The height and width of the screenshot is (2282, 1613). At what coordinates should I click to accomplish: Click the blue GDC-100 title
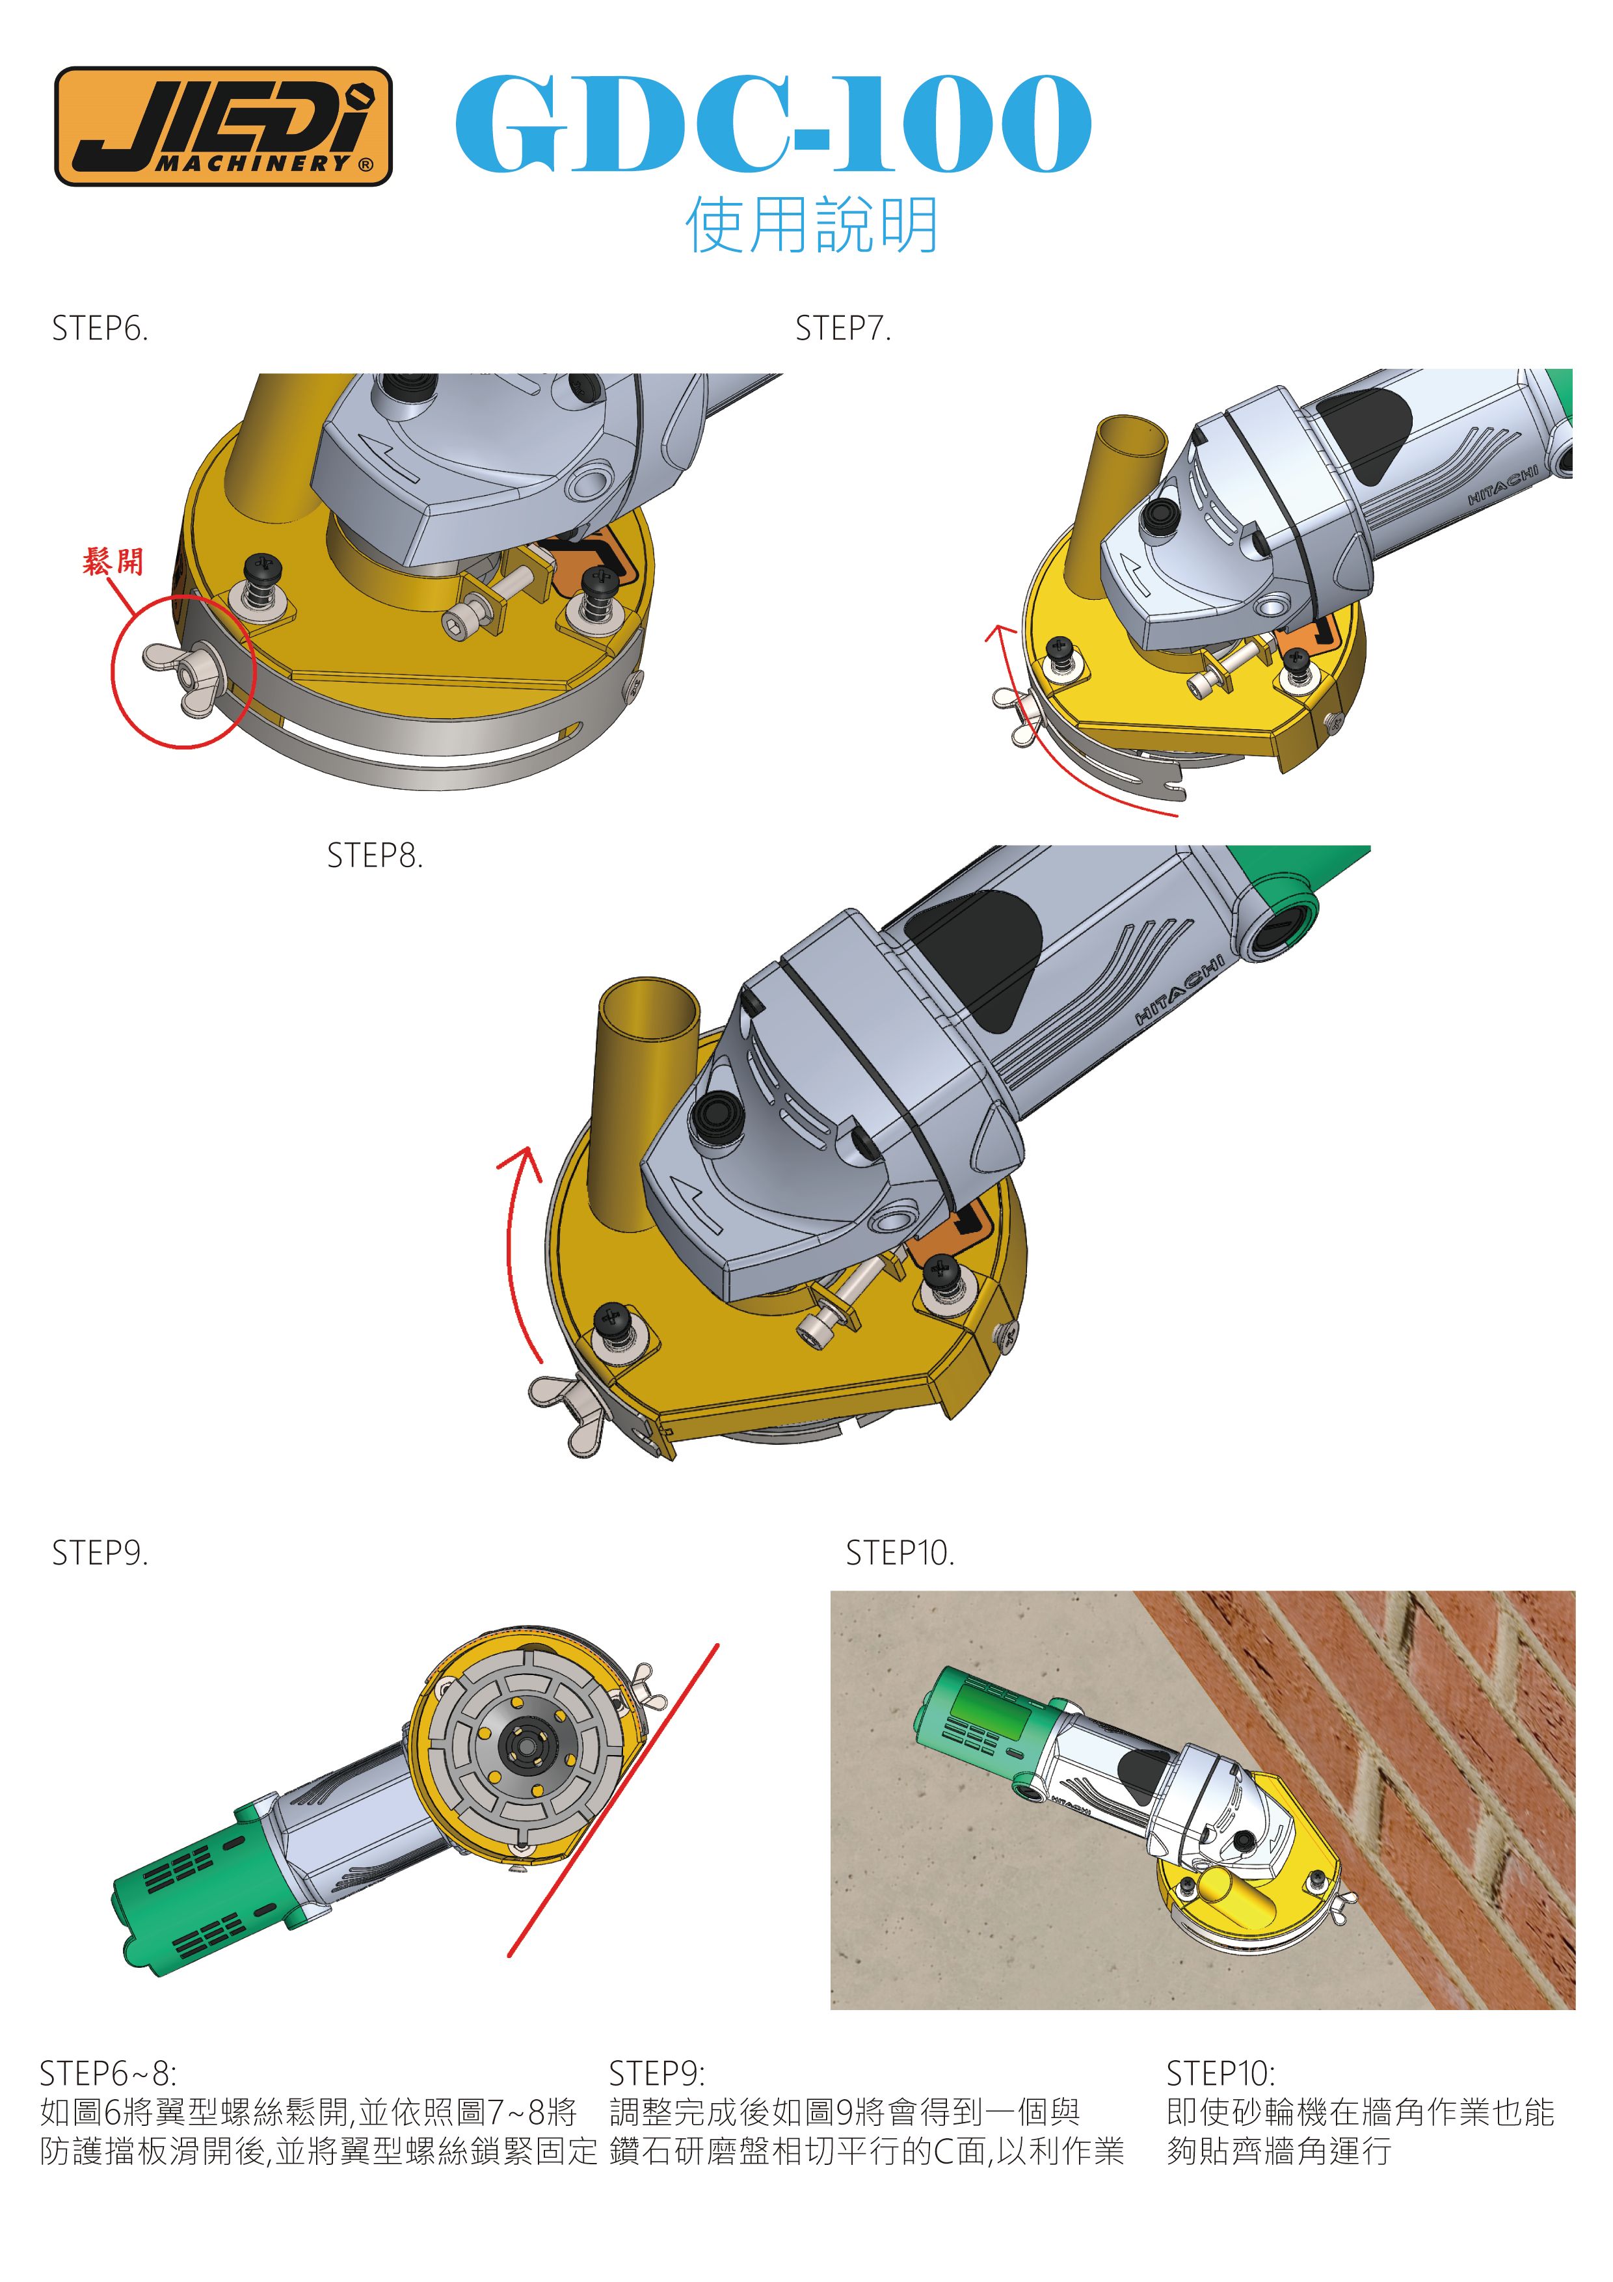(x=773, y=123)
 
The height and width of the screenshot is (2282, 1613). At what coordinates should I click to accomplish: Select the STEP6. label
(x=100, y=329)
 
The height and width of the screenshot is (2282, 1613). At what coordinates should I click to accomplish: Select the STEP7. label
(x=843, y=329)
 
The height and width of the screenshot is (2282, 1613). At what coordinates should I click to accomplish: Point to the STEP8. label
(x=375, y=856)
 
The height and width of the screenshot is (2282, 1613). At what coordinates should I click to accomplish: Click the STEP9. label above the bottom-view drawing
(x=100, y=1553)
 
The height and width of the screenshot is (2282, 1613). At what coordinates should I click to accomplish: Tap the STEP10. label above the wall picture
(x=900, y=1553)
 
